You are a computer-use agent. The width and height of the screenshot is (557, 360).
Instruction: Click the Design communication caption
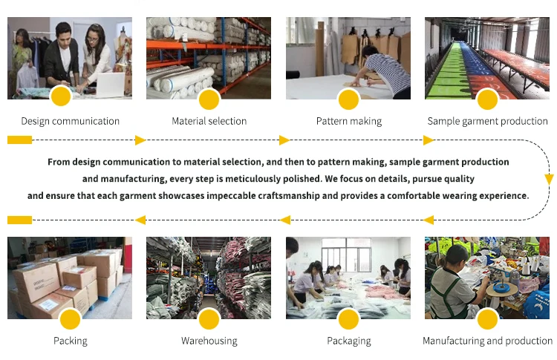(x=70, y=121)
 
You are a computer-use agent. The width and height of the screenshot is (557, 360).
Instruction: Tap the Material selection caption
(x=209, y=121)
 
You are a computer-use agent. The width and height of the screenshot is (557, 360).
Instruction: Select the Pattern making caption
(x=348, y=121)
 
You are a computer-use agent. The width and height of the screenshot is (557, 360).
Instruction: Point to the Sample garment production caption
(x=487, y=121)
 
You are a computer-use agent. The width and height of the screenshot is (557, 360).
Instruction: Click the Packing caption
(x=70, y=341)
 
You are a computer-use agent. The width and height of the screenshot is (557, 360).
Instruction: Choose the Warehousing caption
(x=209, y=341)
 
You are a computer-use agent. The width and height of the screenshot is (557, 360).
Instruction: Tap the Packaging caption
(x=348, y=341)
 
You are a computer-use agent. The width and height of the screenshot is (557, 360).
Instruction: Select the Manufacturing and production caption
(x=487, y=341)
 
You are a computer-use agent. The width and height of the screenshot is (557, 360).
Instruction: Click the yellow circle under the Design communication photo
(x=61, y=99)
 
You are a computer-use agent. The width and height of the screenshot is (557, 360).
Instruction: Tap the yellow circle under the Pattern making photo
(x=348, y=99)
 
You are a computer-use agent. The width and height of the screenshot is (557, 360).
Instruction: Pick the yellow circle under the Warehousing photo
(x=209, y=319)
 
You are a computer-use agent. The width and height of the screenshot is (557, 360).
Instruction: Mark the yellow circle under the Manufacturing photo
(x=487, y=319)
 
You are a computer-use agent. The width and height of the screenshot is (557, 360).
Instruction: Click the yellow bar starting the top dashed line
(x=19, y=140)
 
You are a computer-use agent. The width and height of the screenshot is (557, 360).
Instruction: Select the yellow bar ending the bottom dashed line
(x=19, y=220)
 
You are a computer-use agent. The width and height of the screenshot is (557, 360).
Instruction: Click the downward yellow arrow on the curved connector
(x=549, y=179)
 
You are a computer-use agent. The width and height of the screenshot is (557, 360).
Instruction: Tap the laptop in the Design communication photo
(x=110, y=82)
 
